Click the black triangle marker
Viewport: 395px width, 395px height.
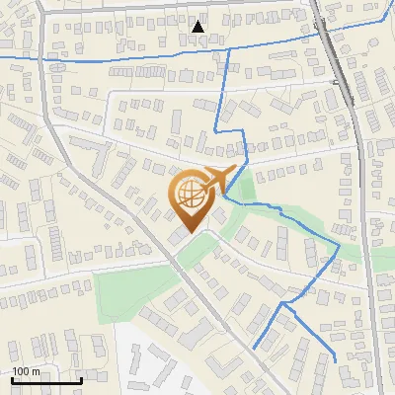point(198,27)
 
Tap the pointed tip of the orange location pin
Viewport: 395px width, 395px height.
point(189,234)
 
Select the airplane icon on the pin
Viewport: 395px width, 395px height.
point(219,179)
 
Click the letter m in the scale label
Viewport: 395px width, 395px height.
point(36,371)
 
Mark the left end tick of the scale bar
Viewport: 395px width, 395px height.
point(12,379)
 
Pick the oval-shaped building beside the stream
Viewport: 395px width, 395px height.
point(56,67)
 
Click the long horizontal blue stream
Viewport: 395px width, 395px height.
point(118,59)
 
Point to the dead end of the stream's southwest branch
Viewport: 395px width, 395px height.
point(254,349)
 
